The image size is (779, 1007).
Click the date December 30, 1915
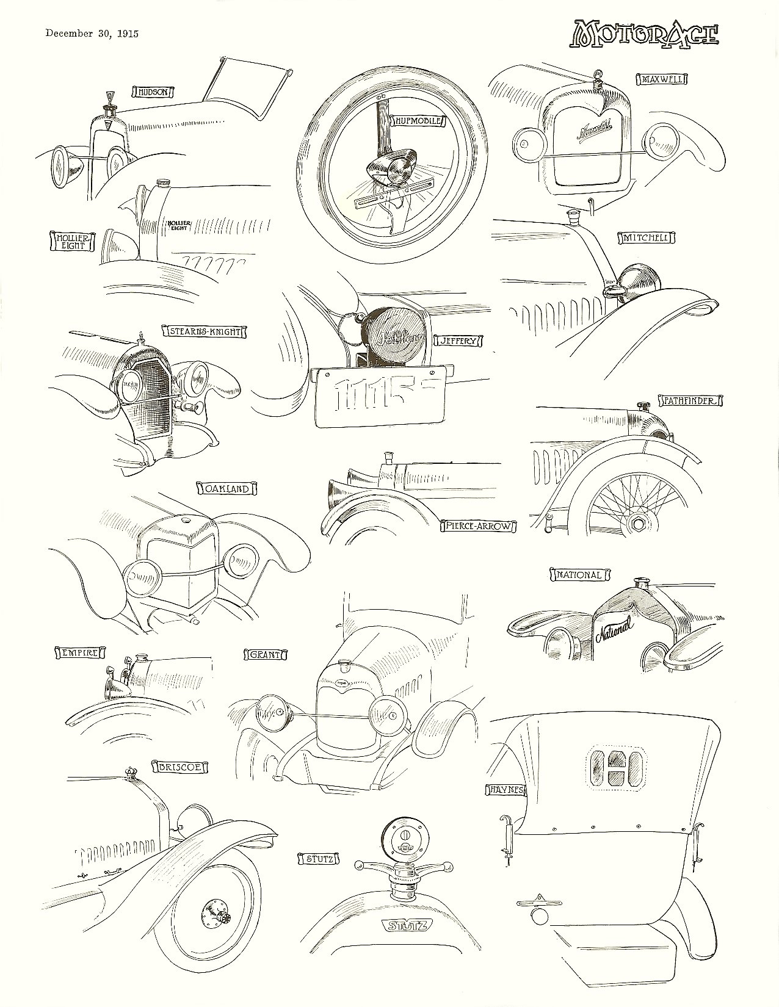tap(92, 34)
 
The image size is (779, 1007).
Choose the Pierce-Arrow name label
tap(478, 525)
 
